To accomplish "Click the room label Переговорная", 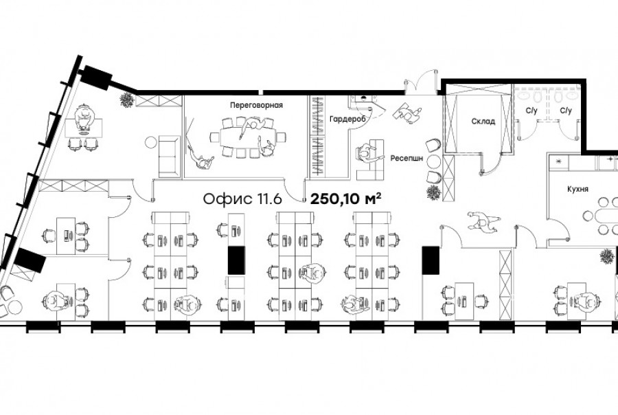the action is click(x=256, y=105).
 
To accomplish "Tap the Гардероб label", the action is click(x=348, y=119).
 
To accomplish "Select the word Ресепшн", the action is click(x=407, y=158).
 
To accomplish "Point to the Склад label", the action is click(x=483, y=122).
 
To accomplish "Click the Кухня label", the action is click(x=577, y=189).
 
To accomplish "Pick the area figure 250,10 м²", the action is click(x=346, y=199).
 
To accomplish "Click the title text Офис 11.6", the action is click(x=242, y=199).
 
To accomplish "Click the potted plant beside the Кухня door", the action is click(x=607, y=256).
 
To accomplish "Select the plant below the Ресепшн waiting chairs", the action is click(x=433, y=192).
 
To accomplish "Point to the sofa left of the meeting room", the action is click(x=170, y=156).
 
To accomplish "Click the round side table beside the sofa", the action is click(x=151, y=142).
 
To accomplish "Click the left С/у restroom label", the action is click(x=531, y=111).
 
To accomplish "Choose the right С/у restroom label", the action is click(x=566, y=111).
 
